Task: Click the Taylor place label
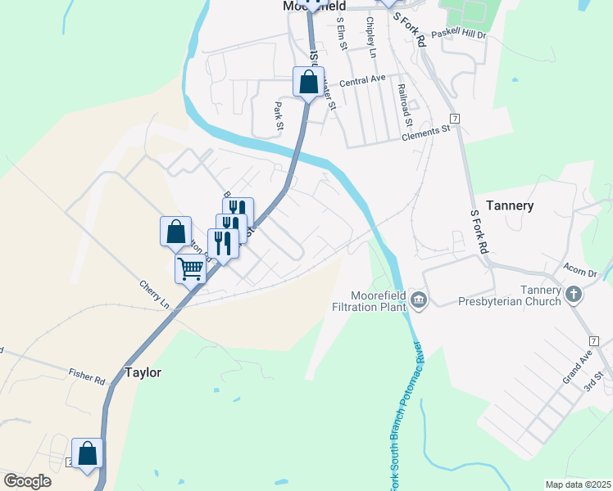tap(143, 372)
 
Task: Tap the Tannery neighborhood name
tap(510, 205)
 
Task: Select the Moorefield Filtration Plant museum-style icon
tap(420, 301)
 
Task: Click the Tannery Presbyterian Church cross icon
tap(574, 293)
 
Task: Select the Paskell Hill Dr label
tap(459, 34)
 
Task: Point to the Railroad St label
tap(402, 105)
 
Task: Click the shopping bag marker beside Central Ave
tap(308, 82)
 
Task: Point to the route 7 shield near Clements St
tap(454, 119)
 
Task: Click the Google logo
tap(27, 480)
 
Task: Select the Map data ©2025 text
tap(578, 484)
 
